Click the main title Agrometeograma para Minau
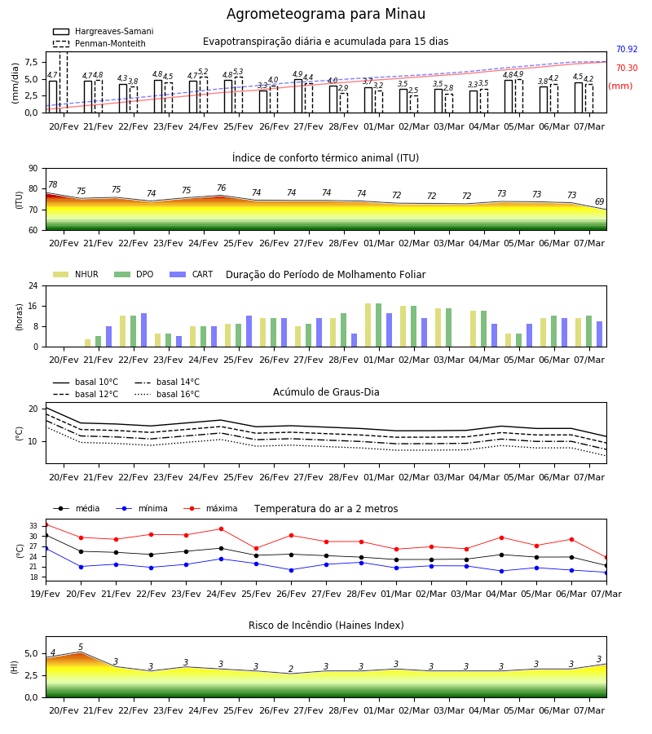point(325,14)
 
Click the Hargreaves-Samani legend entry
point(103,31)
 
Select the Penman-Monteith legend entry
point(99,43)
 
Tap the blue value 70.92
point(627,49)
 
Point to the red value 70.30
point(627,68)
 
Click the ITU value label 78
point(52,184)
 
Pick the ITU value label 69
point(599,201)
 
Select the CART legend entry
point(191,274)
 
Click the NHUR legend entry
point(75,274)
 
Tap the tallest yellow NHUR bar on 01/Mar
point(368,325)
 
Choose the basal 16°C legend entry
point(167,394)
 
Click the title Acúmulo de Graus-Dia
point(326,391)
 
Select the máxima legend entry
point(210,508)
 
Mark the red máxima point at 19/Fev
point(46,524)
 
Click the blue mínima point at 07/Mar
point(606,573)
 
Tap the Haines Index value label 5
point(81,647)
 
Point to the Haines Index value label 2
point(291,669)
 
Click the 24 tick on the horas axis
point(33,285)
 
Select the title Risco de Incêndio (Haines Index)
point(326,626)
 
